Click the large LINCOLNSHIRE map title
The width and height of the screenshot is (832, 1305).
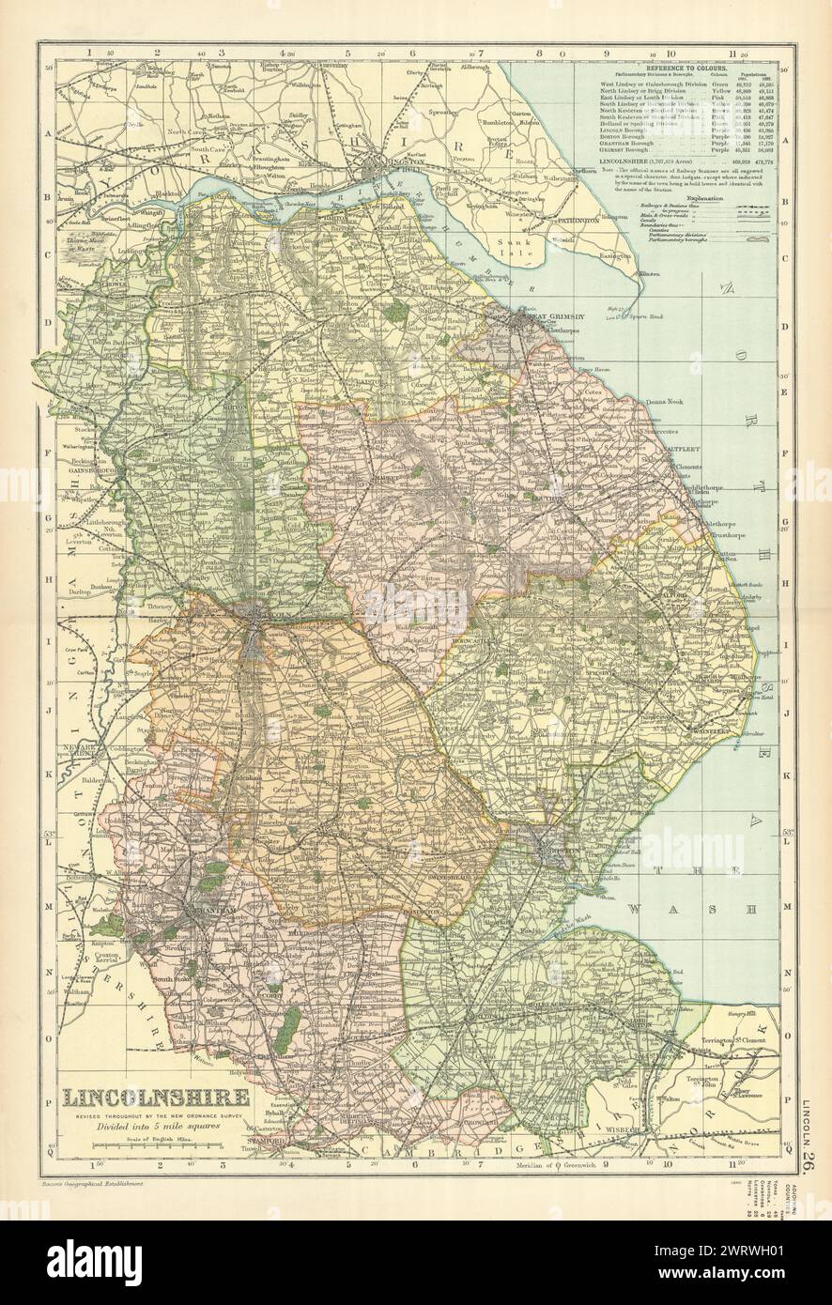[x=156, y=1097]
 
